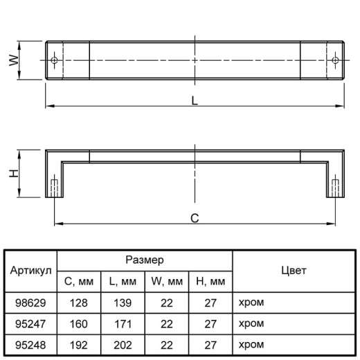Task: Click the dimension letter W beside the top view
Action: pyautogui.click(x=14, y=60)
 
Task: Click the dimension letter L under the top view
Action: pyautogui.click(x=195, y=101)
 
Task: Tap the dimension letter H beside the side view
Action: pyautogui.click(x=14, y=173)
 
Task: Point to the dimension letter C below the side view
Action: pyautogui.click(x=195, y=218)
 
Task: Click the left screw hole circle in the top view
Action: pyautogui.click(x=54, y=60)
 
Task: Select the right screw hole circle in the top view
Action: pyautogui.click(x=335, y=60)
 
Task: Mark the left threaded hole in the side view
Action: pyautogui.click(x=54, y=188)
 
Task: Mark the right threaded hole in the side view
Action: pyautogui.click(x=335, y=188)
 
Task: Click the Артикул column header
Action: pyautogui.click(x=30, y=271)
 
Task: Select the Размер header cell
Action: pyautogui.click(x=145, y=260)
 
